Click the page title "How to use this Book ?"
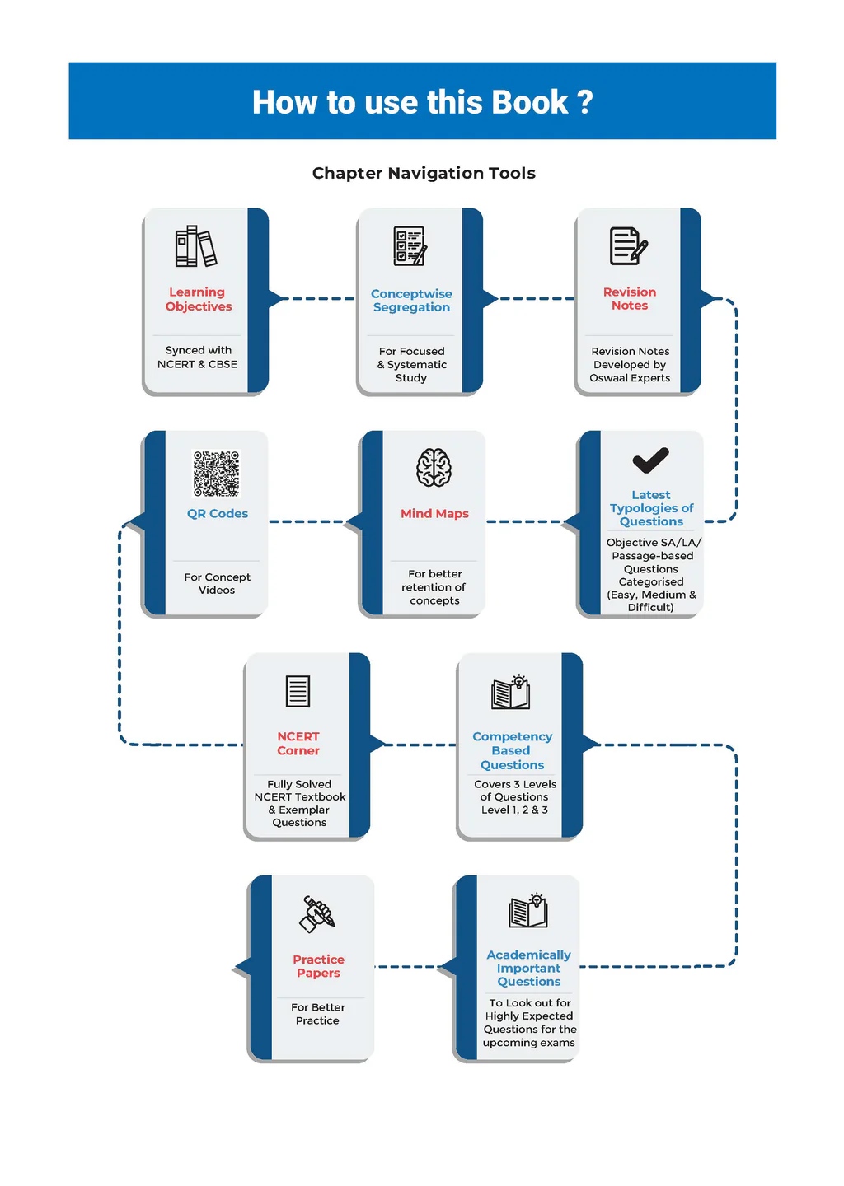coord(422,102)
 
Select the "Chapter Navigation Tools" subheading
coord(424,173)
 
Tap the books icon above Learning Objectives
coord(196,246)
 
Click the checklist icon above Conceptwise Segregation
coord(410,245)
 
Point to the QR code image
coord(216,474)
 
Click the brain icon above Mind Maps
coord(434,468)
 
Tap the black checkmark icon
coord(650,460)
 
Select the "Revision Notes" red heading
coord(630,298)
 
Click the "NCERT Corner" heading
coord(298,744)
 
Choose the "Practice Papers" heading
coord(318,966)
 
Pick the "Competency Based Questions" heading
coord(512,750)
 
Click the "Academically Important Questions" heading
coord(528,968)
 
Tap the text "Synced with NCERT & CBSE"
coord(198,357)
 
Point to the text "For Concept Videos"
coord(217,583)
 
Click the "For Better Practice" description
coord(317,1014)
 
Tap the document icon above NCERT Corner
coord(298,691)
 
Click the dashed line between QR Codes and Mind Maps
coord(307,521)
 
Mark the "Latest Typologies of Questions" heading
coord(651,508)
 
